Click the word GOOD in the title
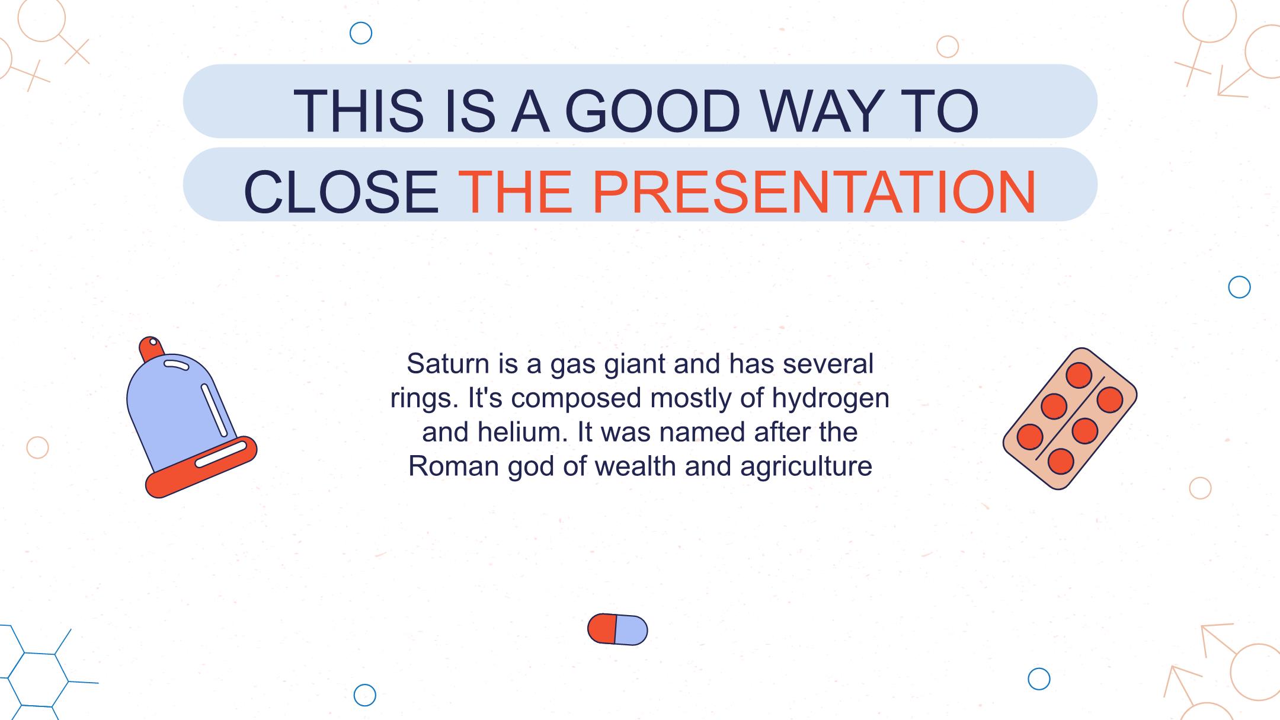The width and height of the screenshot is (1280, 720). tap(652, 111)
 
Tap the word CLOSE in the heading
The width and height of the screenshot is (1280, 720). tap(341, 192)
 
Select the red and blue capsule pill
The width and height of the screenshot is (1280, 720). tap(617, 629)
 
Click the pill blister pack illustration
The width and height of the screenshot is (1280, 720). tap(1070, 418)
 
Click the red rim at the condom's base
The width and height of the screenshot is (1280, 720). tap(201, 468)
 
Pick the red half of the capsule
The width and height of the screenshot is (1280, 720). tap(602, 628)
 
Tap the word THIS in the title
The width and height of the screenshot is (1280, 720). tap(359, 111)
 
